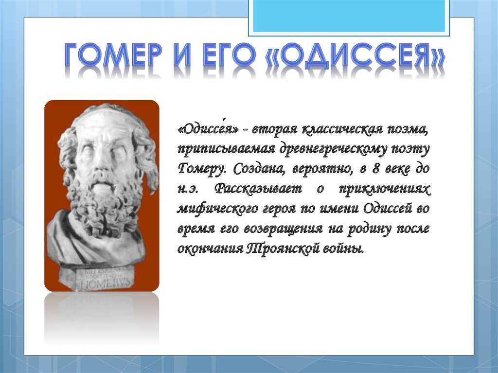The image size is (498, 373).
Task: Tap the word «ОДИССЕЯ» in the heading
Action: pos(355,56)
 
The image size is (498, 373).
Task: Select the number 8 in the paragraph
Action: pos(376,168)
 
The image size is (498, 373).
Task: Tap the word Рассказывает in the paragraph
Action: pos(258,189)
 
